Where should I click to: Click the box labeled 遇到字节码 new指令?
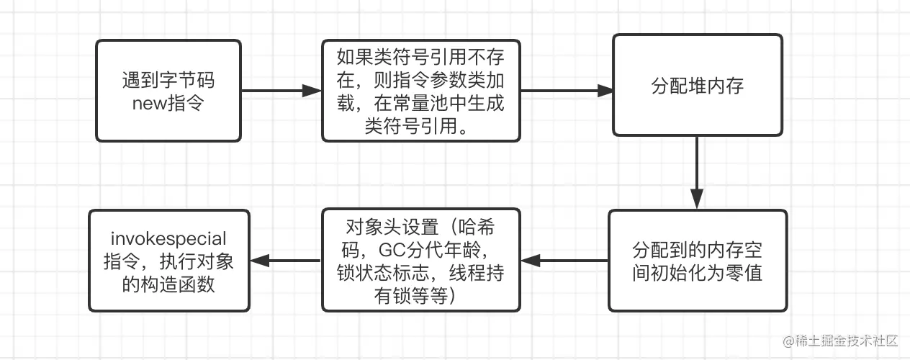pyautogui.click(x=168, y=91)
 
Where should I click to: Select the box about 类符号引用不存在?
pyautogui.click(x=421, y=91)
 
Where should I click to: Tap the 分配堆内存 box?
pyautogui.click(x=697, y=85)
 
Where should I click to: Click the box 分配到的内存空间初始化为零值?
pyautogui.click(x=697, y=261)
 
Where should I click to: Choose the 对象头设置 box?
pyautogui.click(x=421, y=261)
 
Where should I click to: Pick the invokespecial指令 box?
pyautogui.click(x=169, y=261)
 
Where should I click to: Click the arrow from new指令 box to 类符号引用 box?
pyautogui.click(x=281, y=91)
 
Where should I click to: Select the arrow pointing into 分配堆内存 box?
pyautogui.click(x=566, y=91)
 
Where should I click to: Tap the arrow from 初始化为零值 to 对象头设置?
pyautogui.click(x=564, y=261)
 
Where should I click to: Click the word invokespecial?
pyautogui.click(x=168, y=238)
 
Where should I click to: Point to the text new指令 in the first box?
pyautogui.click(x=168, y=103)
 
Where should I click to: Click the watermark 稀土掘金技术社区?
pyautogui.click(x=842, y=340)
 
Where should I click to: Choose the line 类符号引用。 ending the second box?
pyautogui.click(x=421, y=126)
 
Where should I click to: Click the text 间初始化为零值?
pyautogui.click(x=697, y=273)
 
